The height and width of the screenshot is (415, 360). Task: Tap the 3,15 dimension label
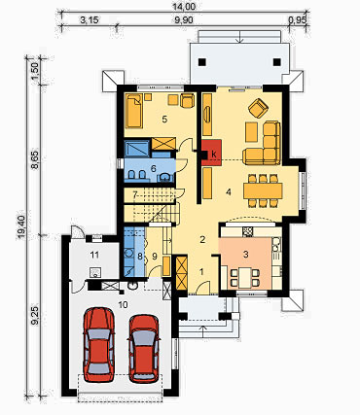pyautogui.click(x=90, y=20)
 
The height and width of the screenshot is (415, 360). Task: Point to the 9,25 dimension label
pyautogui.click(x=36, y=316)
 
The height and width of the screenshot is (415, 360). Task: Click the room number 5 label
pyautogui.click(x=164, y=120)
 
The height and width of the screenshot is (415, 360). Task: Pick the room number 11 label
pyautogui.click(x=94, y=255)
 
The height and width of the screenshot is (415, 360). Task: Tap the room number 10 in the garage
pyautogui.click(x=124, y=304)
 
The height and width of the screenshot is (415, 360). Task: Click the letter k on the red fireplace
pyautogui.click(x=214, y=155)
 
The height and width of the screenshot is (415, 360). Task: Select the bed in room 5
pyautogui.click(x=134, y=110)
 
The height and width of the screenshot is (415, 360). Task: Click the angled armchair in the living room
pyautogui.click(x=259, y=108)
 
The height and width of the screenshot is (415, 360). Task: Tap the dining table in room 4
pyautogui.click(x=263, y=190)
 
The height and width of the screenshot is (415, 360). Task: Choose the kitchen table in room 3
pyautogui.click(x=245, y=278)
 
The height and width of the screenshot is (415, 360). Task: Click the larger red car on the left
pyautogui.click(x=98, y=344)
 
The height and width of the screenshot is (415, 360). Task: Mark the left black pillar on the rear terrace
pyautogui.click(x=202, y=61)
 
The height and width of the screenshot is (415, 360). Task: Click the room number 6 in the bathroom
pyautogui.click(x=154, y=168)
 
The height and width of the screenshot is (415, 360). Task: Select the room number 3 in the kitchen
pyautogui.click(x=246, y=255)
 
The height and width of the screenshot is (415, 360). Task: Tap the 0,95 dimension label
pyautogui.click(x=297, y=20)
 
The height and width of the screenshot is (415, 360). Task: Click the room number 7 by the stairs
pyautogui.click(x=135, y=194)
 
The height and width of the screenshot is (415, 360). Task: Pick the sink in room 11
pyautogui.click(x=95, y=273)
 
